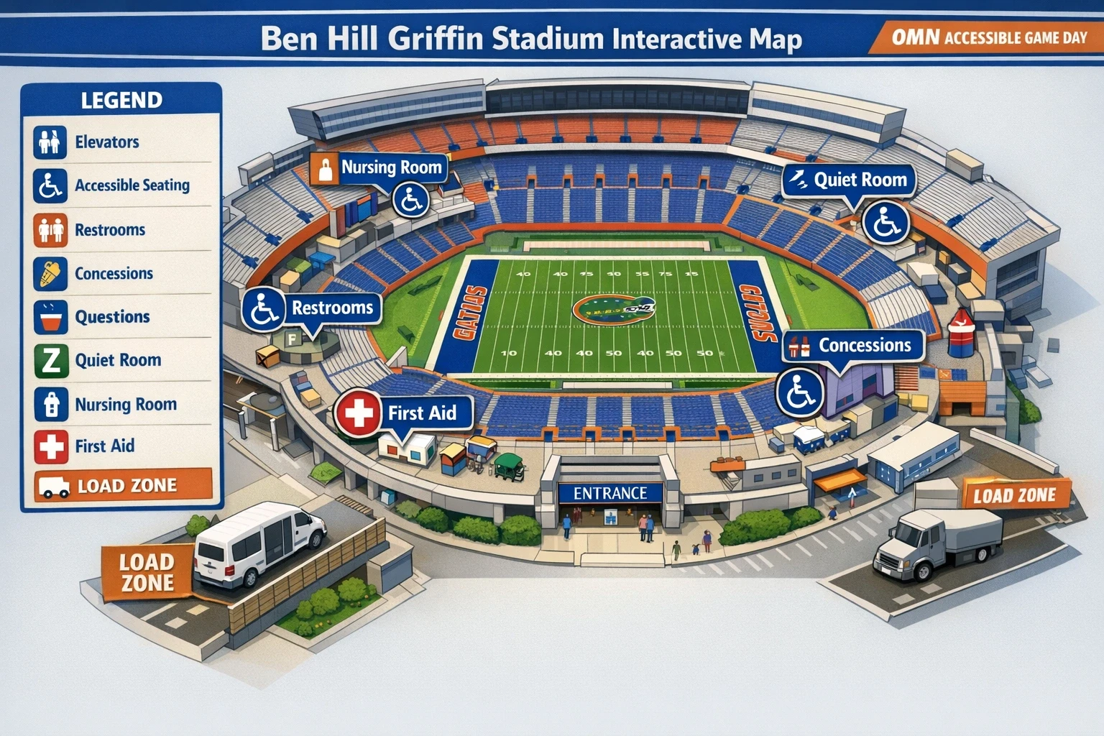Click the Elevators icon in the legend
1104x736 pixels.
click(x=50, y=142)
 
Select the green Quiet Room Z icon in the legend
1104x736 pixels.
click(x=50, y=360)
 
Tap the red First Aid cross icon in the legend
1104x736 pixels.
click(x=50, y=446)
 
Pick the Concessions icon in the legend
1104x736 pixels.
click(x=50, y=273)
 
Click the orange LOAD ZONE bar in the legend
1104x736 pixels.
click(x=124, y=485)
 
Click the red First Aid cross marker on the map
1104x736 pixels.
click(x=358, y=413)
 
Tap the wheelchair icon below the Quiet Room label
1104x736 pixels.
click(x=885, y=222)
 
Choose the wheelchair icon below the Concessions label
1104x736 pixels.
click(x=799, y=392)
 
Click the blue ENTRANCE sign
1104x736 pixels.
click(x=609, y=493)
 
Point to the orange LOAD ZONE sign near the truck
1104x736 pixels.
click(x=1014, y=495)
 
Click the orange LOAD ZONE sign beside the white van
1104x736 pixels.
click(x=147, y=572)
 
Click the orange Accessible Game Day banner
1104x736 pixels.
click(x=988, y=37)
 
